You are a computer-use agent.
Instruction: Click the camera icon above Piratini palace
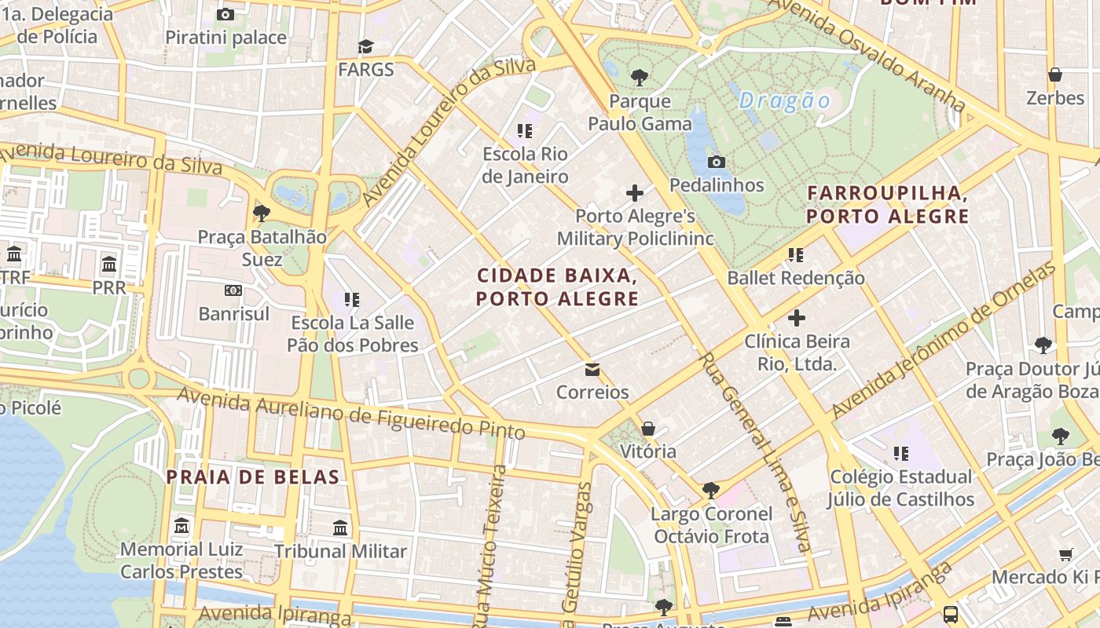pos(225,14)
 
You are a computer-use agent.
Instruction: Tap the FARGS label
pos(365,69)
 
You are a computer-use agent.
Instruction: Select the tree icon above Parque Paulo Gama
pos(640,77)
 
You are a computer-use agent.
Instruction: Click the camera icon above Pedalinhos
pos(716,162)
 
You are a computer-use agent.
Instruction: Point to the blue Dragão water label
pos(784,100)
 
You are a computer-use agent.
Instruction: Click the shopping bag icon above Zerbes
pos(1055,75)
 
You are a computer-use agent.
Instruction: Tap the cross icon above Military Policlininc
pos(635,192)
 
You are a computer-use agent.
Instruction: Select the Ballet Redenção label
pos(795,278)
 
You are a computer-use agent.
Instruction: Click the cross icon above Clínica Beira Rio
pos(797,318)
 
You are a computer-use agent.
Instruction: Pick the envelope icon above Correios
pos(592,369)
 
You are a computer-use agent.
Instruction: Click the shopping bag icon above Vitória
pos(647,429)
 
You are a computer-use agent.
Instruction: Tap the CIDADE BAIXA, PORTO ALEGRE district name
pos(556,287)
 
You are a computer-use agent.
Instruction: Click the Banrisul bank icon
pos(233,290)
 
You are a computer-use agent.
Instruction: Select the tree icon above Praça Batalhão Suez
pos(262,213)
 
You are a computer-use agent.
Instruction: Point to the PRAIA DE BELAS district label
pos(252,476)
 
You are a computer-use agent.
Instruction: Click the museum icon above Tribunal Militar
pos(340,528)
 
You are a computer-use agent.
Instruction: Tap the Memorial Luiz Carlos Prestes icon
pos(181,525)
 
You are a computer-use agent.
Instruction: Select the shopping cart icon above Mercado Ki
pos(1066,554)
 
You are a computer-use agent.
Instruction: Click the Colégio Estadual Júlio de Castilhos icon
pos(900,454)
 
